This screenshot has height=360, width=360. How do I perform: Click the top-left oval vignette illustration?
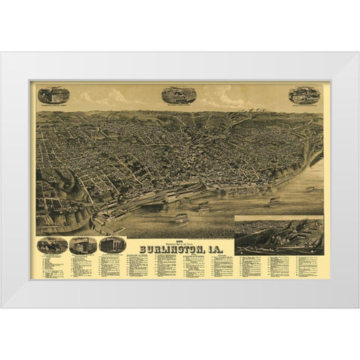(x=54, y=95)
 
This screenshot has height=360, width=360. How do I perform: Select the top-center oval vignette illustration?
(x=178, y=94)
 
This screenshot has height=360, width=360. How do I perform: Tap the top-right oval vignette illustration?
(x=304, y=95)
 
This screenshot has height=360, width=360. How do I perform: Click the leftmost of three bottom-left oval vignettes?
(x=52, y=245)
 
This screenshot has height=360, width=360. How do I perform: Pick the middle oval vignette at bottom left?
(x=82, y=245)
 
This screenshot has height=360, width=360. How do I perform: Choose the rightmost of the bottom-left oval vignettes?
(x=112, y=244)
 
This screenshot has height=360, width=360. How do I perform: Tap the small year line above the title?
(x=180, y=237)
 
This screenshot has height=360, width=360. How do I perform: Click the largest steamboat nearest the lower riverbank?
(x=181, y=218)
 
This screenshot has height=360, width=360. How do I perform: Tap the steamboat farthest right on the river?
(x=310, y=189)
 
